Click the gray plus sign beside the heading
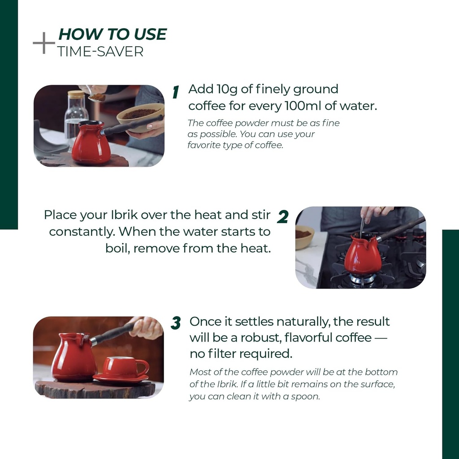pyautogui.click(x=43, y=43)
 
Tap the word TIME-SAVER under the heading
pyautogui.click(x=100, y=52)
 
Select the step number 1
pyautogui.click(x=176, y=92)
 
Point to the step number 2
pyautogui.click(x=282, y=217)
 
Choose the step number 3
pyautogui.click(x=176, y=323)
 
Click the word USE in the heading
pyautogui.click(x=151, y=34)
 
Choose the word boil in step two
pyautogui.click(x=117, y=248)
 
